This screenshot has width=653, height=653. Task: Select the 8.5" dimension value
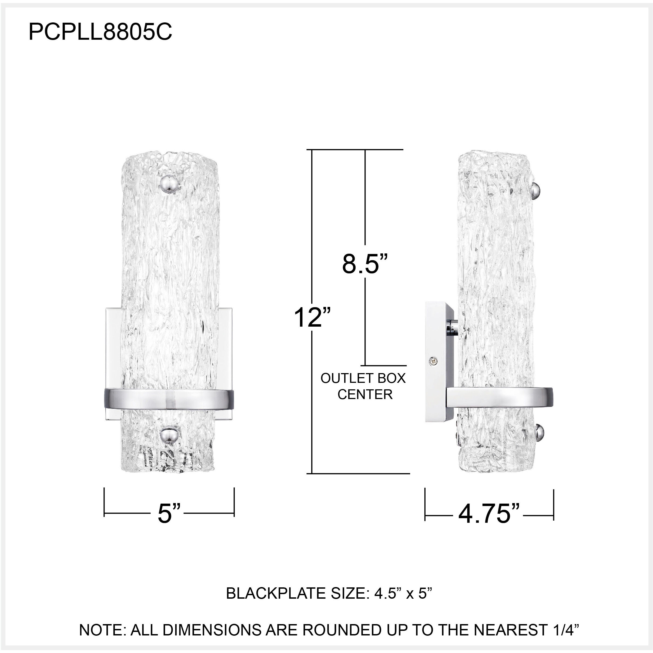364,264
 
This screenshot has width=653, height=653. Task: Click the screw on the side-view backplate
433,362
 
